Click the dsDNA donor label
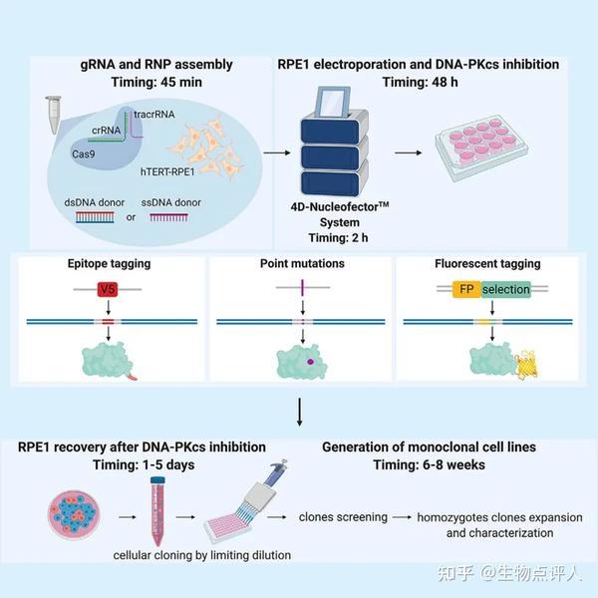click(x=95, y=203)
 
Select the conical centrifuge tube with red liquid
click(x=156, y=507)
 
